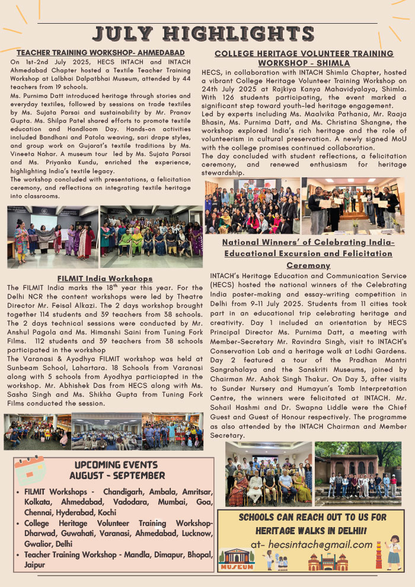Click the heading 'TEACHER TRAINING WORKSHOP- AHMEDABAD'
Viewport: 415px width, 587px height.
click(101, 53)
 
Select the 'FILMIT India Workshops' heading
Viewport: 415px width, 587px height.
click(105, 278)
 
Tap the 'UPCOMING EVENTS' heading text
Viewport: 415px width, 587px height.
click(116, 464)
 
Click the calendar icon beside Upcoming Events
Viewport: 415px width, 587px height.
click(30, 471)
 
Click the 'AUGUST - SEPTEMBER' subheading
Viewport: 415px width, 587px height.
click(117, 476)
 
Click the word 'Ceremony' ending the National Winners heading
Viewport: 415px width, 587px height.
click(308, 265)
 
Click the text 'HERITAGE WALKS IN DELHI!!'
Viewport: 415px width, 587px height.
click(312, 530)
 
